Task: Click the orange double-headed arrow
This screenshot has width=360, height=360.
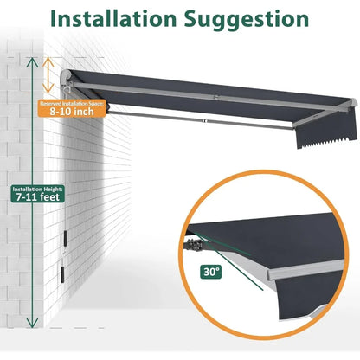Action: pos(49,74)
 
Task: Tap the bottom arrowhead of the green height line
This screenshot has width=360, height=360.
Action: pos(32,324)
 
